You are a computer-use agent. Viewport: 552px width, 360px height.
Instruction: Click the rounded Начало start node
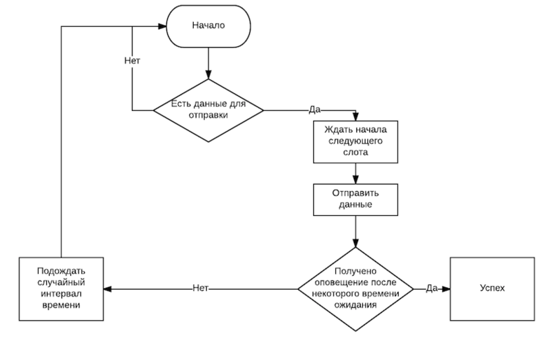coord(208,26)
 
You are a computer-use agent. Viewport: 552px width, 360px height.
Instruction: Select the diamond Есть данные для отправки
coord(208,110)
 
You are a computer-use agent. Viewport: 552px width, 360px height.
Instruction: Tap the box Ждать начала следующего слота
coord(355,142)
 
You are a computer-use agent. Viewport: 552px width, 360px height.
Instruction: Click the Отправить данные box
coord(355,199)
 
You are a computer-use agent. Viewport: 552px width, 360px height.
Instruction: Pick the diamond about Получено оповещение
coord(355,289)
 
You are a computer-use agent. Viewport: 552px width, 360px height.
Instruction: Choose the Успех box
coord(492,289)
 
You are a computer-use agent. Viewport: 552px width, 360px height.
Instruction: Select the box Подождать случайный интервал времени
coord(61,289)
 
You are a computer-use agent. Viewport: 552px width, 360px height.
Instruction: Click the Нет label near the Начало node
coord(132,61)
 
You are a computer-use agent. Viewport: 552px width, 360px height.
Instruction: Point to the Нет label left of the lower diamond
coord(200,288)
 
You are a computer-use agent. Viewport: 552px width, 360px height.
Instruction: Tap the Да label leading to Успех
coord(432,288)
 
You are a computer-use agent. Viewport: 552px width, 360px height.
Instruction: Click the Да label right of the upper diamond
coord(315,110)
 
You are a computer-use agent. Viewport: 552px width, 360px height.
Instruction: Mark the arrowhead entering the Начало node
coord(162,26)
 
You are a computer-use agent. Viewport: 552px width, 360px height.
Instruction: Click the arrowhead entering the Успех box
coord(446,289)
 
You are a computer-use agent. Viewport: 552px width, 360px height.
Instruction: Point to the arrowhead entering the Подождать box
coord(108,289)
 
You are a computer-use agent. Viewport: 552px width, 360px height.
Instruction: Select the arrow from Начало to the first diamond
coord(208,63)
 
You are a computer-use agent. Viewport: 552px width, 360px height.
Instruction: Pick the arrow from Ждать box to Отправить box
coord(355,174)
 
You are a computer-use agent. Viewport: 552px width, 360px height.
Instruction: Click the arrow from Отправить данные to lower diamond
coord(355,232)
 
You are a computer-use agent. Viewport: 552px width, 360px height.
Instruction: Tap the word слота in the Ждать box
coord(355,152)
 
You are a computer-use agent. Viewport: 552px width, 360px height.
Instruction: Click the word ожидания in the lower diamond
coord(355,305)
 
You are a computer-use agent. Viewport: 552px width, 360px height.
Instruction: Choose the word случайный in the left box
coord(61,283)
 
